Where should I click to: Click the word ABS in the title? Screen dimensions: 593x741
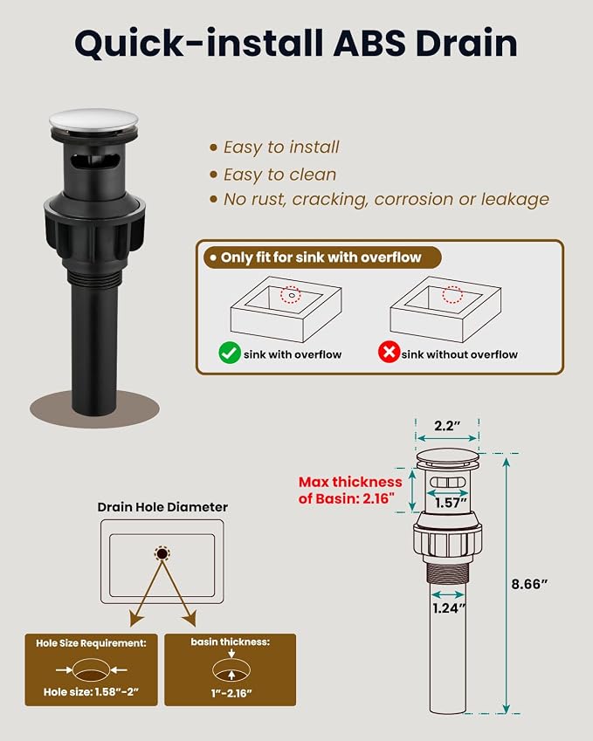click(369, 43)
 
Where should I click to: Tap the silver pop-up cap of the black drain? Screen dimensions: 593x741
click(93, 121)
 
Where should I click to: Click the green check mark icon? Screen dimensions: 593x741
click(230, 353)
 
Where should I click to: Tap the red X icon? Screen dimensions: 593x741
click(390, 352)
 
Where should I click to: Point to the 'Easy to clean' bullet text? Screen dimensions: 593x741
click(279, 175)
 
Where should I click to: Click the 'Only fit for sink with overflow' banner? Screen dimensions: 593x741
click(322, 257)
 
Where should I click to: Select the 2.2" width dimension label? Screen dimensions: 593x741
click(447, 426)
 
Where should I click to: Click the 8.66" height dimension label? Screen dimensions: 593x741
click(529, 584)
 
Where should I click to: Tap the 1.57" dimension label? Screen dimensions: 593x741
click(451, 503)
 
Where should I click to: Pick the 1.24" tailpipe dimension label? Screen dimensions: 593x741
click(449, 607)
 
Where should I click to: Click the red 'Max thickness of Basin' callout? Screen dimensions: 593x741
click(350, 490)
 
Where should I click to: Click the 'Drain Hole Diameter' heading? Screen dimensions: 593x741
click(162, 507)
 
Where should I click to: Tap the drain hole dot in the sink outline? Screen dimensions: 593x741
click(162, 553)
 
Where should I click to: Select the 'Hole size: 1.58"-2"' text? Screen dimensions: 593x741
click(91, 692)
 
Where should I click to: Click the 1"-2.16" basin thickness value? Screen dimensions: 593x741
click(231, 693)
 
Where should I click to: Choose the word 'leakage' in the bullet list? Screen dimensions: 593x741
click(515, 199)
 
